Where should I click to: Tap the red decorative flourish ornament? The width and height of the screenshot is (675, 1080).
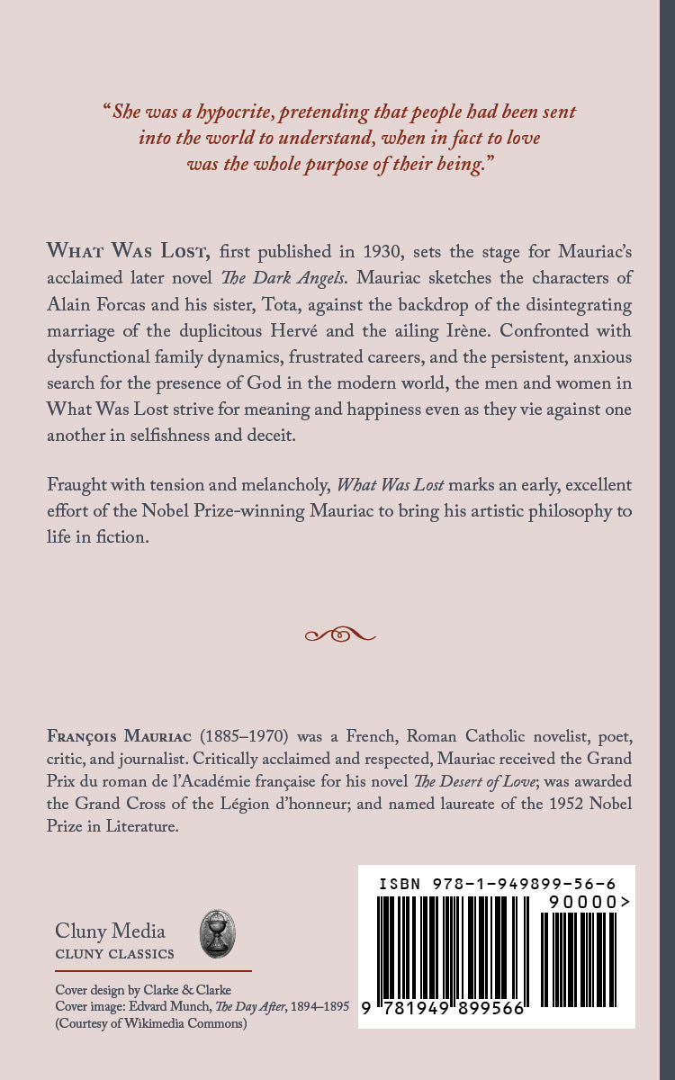(x=339, y=634)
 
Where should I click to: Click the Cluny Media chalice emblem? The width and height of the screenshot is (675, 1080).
(x=217, y=934)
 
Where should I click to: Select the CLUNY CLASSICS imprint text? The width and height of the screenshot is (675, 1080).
(x=114, y=954)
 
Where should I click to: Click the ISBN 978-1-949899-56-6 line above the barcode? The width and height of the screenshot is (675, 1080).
(x=497, y=884)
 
